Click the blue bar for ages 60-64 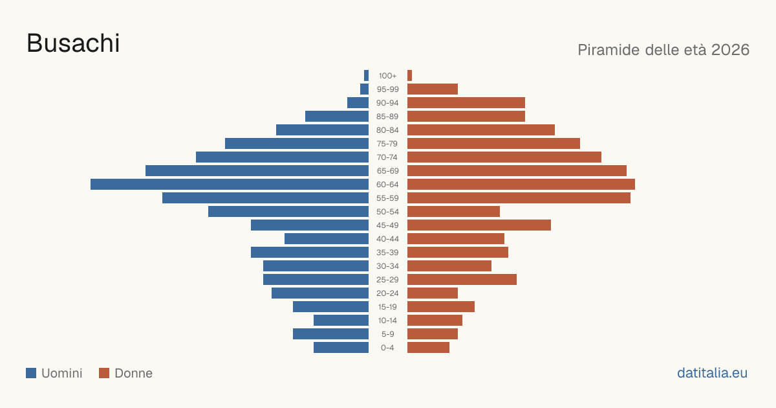[x=230, y=184]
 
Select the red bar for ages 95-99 [x=433, y=89]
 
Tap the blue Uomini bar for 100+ [x=366, y=76]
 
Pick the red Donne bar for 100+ [x=409, y=76]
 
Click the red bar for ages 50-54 [x=453, y=212]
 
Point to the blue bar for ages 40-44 [x=327, y=239]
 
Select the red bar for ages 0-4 [x=428, y=348]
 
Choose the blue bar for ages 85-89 [x=337, y=116]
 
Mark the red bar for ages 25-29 [x=462, y=280]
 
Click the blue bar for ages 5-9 [x=330, y=334]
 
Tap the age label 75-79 [x=387, y=144]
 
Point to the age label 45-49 [x=387, y=225]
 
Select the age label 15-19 [x=387, y=307]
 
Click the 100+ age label [x=387, y=76]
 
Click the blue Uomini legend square [x=31, y=373]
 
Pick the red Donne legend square [x=104, y=373]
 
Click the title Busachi [x=73, y=43]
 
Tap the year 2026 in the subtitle [x=730, y=50]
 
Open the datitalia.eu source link [x=712, y=373]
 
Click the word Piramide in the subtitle [x=613, y=50]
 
